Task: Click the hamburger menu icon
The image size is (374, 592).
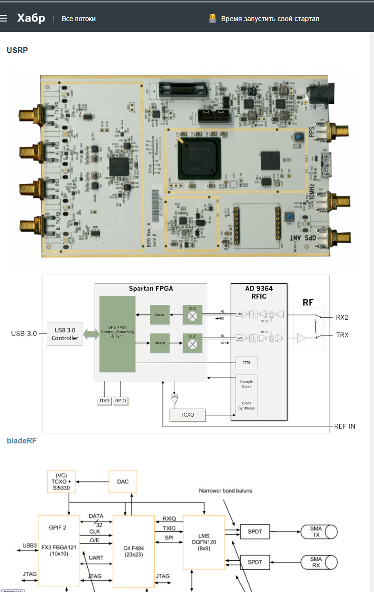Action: pos(4,19)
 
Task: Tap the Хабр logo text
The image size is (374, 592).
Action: pos(31,19)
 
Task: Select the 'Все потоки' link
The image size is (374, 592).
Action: pos(78,19)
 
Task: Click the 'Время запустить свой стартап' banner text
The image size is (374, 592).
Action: pos(270,19)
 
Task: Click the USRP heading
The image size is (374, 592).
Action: pos(17,50)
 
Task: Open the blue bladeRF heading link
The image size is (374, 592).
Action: pos(21,440)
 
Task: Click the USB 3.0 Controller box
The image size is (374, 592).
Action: pos(65,334)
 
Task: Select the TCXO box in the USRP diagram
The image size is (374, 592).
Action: pos(187,415)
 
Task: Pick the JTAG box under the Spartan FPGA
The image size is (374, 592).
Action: pos(104,400)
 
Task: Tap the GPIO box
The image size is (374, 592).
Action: pos(121,400)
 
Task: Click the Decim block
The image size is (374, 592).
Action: pos(160,315)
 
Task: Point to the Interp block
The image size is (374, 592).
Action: pos(160,343)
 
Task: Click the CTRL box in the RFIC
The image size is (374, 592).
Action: pos(246,363)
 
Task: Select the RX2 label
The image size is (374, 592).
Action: pos(342,317)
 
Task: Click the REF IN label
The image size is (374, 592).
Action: pos(345,426)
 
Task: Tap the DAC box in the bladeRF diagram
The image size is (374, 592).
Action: pos(123,482)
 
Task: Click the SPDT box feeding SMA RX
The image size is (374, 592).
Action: pos(255,562)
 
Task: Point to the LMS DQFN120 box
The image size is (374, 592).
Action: pos(204,542)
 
